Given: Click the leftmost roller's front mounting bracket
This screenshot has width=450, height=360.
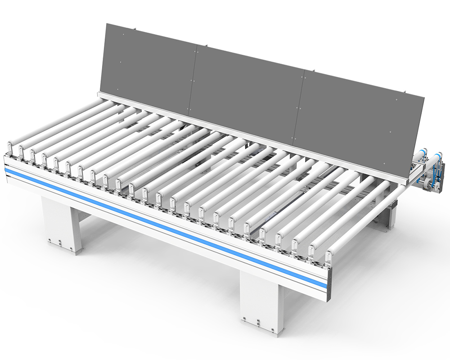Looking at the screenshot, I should (x=9, y=148).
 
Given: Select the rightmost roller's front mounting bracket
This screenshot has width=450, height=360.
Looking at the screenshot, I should (x=329, y=255).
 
